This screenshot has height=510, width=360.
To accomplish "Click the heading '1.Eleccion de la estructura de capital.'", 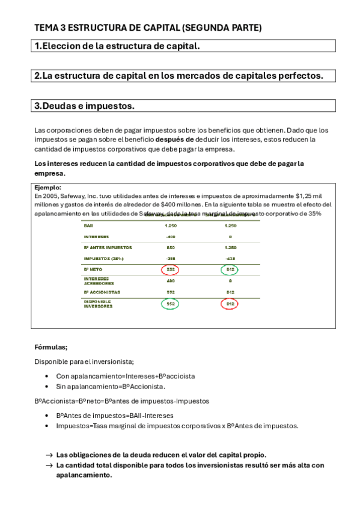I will pos(117,46).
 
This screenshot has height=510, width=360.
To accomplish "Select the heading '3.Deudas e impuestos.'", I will pos(85,106).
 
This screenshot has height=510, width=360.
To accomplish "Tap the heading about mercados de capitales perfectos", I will pos(178,76).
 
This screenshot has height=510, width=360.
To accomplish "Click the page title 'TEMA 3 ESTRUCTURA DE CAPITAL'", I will pos(148,28).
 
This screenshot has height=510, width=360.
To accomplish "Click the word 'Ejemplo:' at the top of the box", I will pos(48,188).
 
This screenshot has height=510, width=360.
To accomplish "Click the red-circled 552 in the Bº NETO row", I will pos(170,269).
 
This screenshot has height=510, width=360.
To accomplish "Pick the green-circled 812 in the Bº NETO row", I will pos(229,269).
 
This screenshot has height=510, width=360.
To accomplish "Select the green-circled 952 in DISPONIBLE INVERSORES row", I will pos(170,304).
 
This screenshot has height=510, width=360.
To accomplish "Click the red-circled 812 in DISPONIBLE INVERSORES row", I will pos(229,304).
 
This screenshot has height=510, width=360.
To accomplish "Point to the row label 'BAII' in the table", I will pos(88,226).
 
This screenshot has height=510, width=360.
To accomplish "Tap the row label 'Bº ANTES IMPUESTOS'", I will pos(108,247).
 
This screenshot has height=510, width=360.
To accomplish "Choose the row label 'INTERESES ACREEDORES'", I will pos(98,281).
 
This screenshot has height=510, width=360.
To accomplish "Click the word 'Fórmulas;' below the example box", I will pos(51,347).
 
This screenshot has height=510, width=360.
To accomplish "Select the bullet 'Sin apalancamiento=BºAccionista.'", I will pos(111,386).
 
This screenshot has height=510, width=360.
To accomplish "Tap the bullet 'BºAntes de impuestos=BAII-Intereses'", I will pos(115,415).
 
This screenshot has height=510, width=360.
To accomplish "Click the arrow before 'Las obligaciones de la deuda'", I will pos(49,455).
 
